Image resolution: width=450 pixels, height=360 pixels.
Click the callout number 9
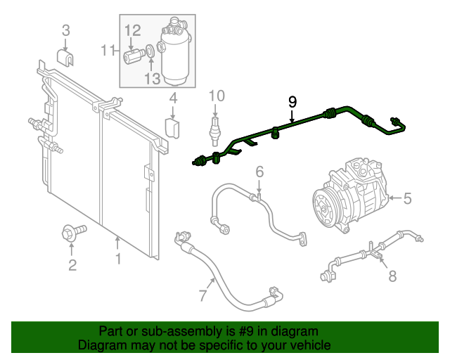292,101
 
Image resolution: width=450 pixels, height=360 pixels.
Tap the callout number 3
66,30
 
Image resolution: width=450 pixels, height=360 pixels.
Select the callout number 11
108,50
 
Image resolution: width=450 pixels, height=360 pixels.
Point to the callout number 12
133,30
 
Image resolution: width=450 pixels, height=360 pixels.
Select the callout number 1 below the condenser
118,259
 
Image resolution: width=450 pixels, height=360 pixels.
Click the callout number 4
172,99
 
